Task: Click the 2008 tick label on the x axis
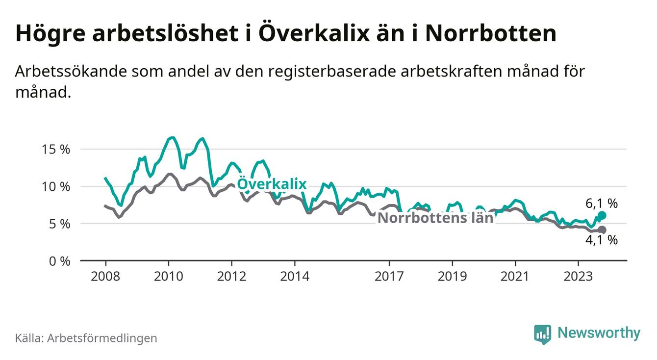pos(105,277)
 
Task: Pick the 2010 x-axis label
pos(168,277)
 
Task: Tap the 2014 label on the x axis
pos(294,277)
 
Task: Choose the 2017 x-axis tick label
pos(389,277)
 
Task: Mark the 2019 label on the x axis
pos(452,277)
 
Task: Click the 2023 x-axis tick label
pos(578,277)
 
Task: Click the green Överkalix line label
pos(272,184)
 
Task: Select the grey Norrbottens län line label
pos(435,218)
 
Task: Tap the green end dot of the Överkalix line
pos(602,215)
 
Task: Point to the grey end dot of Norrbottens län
pos(602,230)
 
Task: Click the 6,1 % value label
pos(601,203)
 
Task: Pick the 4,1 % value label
pos(601,240)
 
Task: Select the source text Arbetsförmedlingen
pos(102,338)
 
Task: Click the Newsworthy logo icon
pos(542,334)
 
